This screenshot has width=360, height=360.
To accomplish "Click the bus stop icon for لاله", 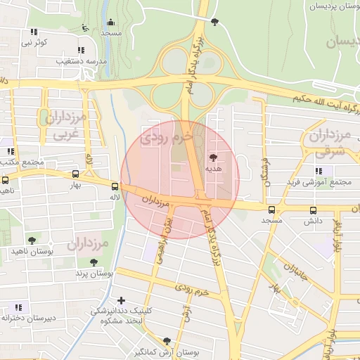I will coord(114,186).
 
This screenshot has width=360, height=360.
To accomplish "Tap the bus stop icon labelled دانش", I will coord(313,210).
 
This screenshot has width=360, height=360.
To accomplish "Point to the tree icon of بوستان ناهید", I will coord(31,240).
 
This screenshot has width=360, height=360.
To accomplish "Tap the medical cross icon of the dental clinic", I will coord(122,300).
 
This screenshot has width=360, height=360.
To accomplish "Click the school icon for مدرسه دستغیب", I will coord(81,51).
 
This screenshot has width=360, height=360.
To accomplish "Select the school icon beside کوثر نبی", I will coord(34,32).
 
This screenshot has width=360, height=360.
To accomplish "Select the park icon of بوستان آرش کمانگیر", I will coord(167,341).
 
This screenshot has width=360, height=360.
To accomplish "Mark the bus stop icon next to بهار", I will coord(75,174).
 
